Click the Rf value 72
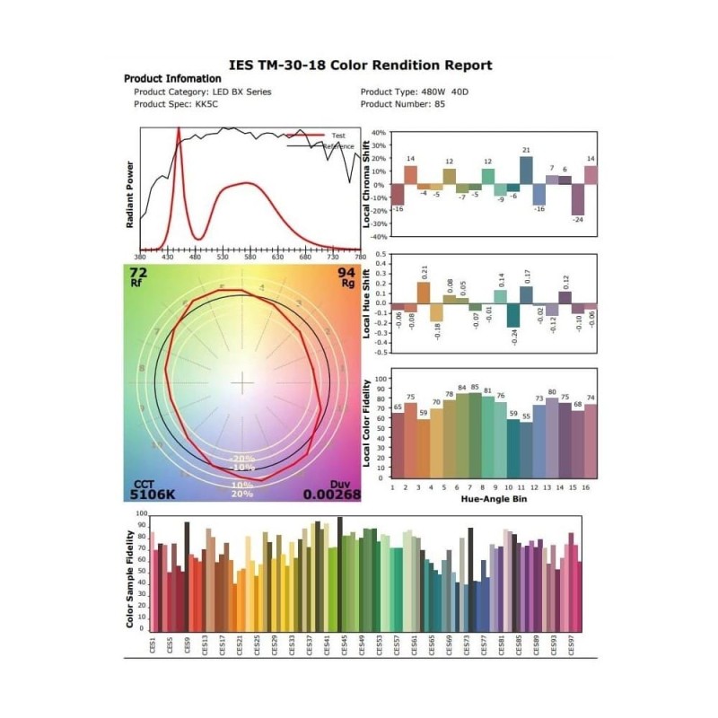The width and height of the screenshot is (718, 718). tap(138, 272)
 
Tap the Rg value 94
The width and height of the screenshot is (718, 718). tap(346, 272)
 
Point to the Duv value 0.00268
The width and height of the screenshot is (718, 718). tap(331, 494)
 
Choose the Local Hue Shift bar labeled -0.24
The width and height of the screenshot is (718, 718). tap(513, 315)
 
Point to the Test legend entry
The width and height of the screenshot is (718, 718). tap(337, 136)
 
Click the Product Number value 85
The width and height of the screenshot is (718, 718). tap(440, 104)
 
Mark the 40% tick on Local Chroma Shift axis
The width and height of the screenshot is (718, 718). tap(378, 132)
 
